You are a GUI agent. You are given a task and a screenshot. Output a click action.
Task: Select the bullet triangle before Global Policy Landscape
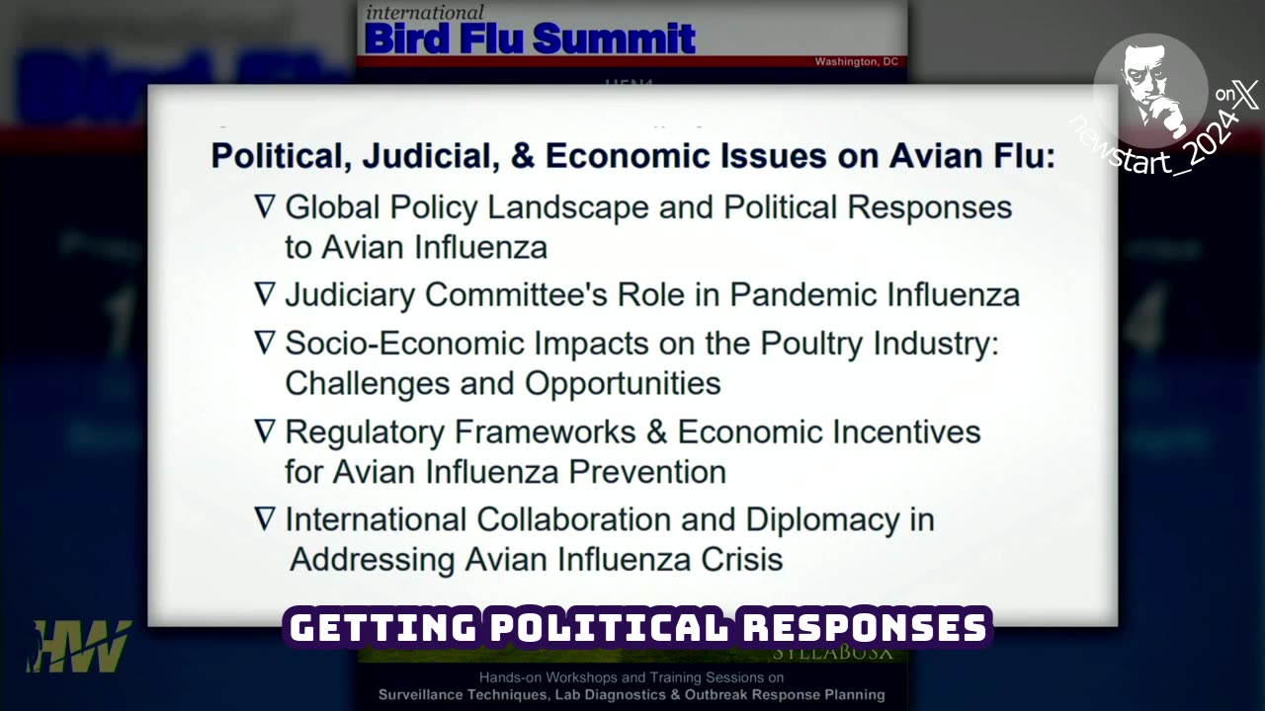[x=265, y=206]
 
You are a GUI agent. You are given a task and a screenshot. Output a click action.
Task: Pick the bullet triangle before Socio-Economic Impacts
[x=265, y=343]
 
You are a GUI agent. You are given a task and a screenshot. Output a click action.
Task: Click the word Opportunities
[x=623, y=383]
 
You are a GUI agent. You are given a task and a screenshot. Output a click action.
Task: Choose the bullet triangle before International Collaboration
[x=265, y=518]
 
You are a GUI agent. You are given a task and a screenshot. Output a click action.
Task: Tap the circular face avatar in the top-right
[x=1150, y=92]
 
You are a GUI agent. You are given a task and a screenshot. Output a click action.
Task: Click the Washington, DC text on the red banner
[x=856, y=62]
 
